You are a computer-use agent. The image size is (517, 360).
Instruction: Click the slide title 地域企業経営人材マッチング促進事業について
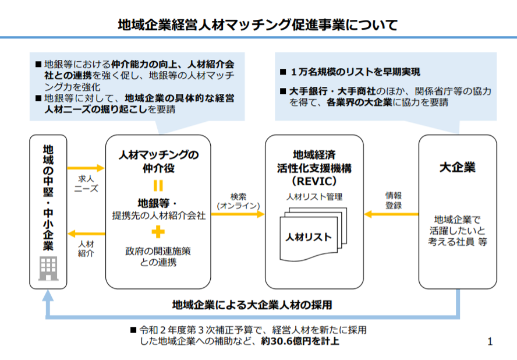point(258,24)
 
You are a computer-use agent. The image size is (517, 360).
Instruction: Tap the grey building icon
point(48,269)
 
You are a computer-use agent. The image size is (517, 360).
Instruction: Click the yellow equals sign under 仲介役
point(158,185)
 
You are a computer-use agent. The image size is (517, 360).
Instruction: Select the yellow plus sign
point(158,232)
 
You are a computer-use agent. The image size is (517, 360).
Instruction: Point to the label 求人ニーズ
point(86,183)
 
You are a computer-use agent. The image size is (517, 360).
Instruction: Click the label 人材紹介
point(86,249)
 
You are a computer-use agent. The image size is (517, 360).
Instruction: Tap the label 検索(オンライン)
point(238,201)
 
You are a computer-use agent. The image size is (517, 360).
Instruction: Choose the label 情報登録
point(394,200)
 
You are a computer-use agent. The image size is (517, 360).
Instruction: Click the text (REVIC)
point(314,181)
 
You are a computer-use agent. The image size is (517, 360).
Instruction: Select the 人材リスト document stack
point(313,234)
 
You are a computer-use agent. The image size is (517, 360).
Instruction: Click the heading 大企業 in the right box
point(457,167)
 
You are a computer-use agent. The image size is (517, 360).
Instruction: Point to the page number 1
point(490,341)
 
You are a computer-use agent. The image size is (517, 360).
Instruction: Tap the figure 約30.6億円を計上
point(300,341)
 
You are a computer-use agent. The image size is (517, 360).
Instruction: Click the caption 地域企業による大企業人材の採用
point(252,305)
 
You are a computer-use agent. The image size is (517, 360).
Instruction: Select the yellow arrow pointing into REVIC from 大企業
point(391,214)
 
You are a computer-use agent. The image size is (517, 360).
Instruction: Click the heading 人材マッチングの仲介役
point(158,161)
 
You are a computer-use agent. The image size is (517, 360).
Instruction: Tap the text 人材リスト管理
point(314,197)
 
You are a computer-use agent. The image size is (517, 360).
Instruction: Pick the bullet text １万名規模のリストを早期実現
point(355,72)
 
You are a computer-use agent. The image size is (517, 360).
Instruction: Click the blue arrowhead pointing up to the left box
point(48,296)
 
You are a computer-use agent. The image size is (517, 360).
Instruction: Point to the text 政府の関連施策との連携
point(158,257)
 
